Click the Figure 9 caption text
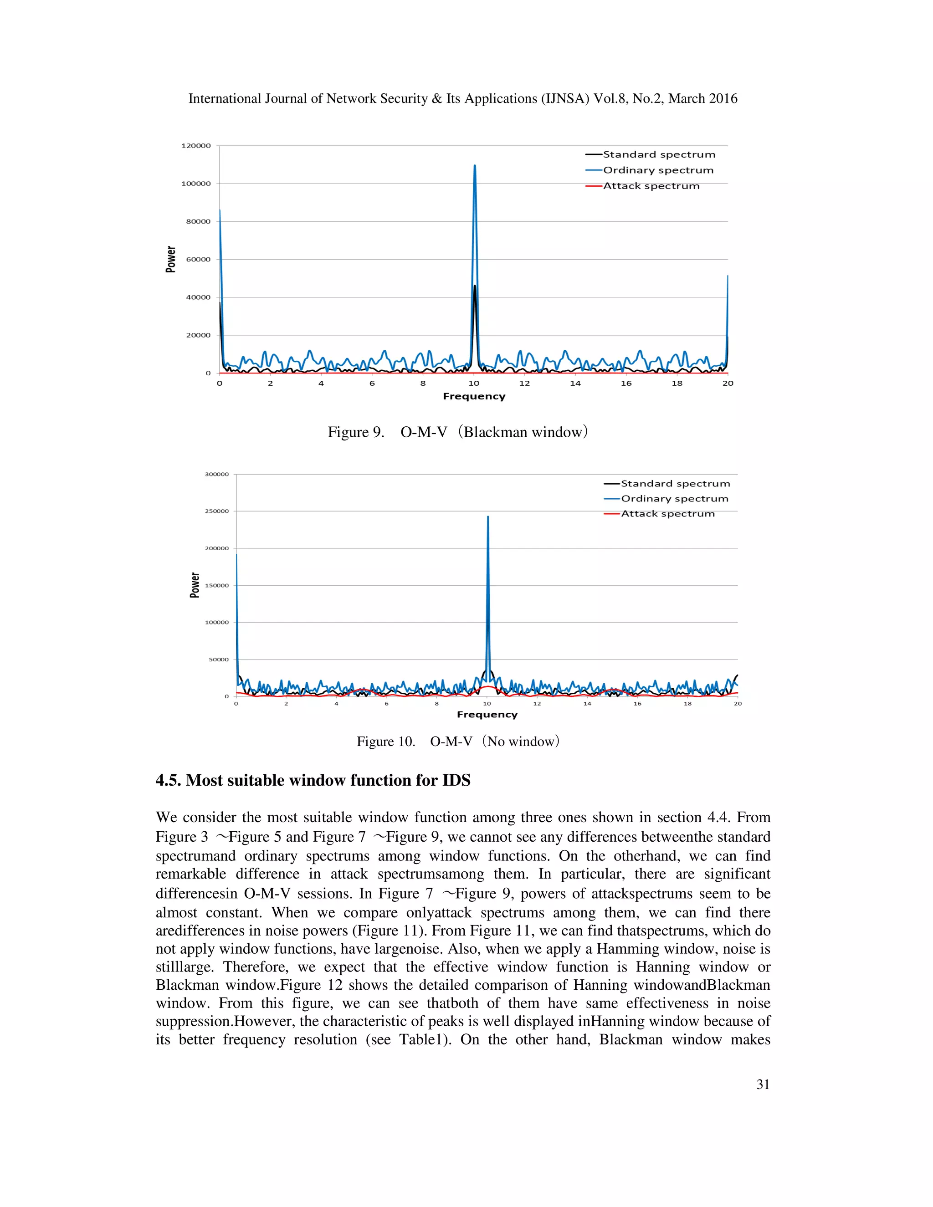pyautogui.click(x=458, y=432)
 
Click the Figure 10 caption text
pyautogui.click(x=458, y=741)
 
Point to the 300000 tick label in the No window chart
pyautogui.click(x=217, y=474)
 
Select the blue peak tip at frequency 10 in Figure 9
pyautogui.click(x=475, y=166)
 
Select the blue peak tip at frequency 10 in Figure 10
pyautogui.click(x=487, y=517)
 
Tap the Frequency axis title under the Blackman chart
pyautogui.click(x=474, y=396)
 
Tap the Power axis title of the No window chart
pyautogui.click(x=195, y=585)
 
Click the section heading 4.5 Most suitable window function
pyautogui.click(x=313, y=780)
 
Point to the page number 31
pyautogui.click(x=763, y=1085)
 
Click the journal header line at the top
pyautogui.click(x=463, y=98)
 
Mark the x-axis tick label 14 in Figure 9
pyautogui.click(x=575, y=383)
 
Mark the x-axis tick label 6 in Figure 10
pyautogui.click(x=386, y=704)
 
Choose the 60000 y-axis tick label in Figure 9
pyautogui.click(x=198, y=259)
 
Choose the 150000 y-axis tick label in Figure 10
pyautogui.click(x=217, y=585)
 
